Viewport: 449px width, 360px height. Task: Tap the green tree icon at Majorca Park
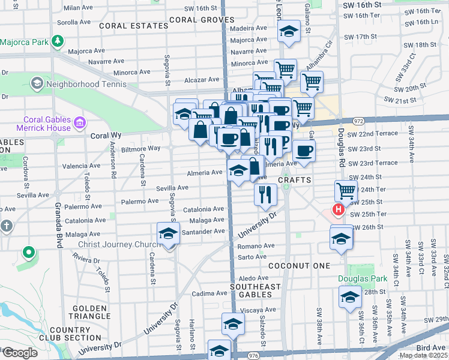click(58, 41)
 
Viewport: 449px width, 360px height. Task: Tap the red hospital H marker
click(338, 210)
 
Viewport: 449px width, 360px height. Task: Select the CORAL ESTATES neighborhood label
click(134, 26)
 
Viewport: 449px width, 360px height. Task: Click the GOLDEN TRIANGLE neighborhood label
click(91, 311)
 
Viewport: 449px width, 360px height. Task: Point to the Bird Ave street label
click(430, 347)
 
